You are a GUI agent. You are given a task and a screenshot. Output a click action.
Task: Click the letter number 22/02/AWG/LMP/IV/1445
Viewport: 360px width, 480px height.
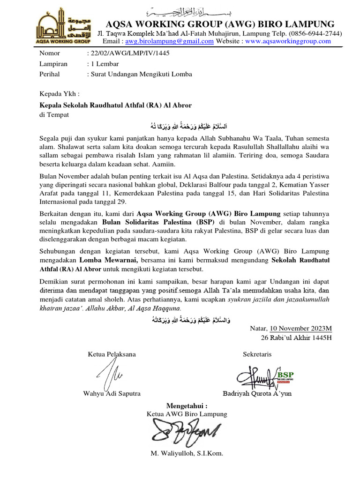point(128,53)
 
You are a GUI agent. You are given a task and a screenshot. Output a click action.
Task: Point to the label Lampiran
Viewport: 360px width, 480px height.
point(53,64)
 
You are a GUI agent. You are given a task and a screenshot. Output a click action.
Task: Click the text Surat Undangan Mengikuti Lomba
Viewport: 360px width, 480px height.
point(140,74)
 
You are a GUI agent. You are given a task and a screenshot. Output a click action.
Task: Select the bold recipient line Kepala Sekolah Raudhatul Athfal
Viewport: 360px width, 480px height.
point(115,105)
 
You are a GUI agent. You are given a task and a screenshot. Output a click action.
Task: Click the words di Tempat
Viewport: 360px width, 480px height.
point(54,114)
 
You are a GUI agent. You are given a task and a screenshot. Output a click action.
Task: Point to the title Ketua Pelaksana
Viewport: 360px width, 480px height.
point(112,354)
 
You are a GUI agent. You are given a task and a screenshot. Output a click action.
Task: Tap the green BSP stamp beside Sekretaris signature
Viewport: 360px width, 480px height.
point(284,376)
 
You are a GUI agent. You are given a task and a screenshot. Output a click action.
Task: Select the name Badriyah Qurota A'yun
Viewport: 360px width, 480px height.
point(257,393)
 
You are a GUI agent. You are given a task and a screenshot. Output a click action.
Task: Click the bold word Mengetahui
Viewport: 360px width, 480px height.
point(187,405)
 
